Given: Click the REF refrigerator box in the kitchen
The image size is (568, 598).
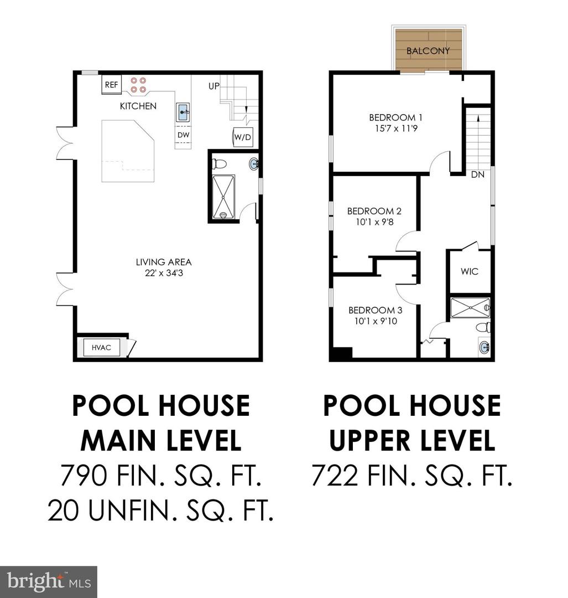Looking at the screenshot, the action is pyautogui.click(x=111, y=85).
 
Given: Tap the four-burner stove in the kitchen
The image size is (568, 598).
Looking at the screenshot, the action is pyautogui.click(x=138, y=85).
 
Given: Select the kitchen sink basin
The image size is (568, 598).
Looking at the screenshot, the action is pyautogui.click(x=183, y=112).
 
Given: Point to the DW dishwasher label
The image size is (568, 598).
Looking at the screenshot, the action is pyautogui.click(x=183, y=135).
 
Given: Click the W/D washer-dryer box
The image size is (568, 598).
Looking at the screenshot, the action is pyautogui.click(x=242, y=137).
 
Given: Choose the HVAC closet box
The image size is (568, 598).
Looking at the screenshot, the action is pyautogui.click(x=101, y=347).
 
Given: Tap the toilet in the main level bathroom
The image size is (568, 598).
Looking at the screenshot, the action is pyautogui.click(x=219, y=164).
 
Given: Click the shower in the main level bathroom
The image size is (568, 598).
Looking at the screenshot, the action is pyautogui.click(x=223, y=197).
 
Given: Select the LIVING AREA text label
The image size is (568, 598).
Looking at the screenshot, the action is pyautogui.click(x=164, y=262).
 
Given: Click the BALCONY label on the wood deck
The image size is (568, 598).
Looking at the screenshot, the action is pyautogui.click(x=428, y=51).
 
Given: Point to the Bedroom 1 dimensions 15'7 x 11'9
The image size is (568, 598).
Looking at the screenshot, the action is pyautogui.click(x=396, y=128).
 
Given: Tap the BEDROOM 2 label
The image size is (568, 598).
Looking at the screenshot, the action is pyautogui.click(x=374, y=211).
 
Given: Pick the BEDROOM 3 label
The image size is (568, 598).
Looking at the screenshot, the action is pyautogui.click(x=375, y=310).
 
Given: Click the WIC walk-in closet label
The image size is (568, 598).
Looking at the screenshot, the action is pyautogui.click(x=470, y=271).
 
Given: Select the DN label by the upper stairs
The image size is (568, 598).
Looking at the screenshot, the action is pyautogui.click(x=478, y=174).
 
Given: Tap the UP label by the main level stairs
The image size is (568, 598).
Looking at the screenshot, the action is pyautogui.click(x=213, y=86).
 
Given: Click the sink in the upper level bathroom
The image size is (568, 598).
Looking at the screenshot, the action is pyautogui.click(x=484, y=347).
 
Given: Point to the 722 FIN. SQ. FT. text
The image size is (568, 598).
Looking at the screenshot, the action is pyautogui.click(x=412, y=475).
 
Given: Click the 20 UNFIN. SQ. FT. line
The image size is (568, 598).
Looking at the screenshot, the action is pyautogui.click(x=161, y=511).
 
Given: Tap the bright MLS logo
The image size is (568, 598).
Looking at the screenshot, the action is pyautogui.click(x=48, y=582).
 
